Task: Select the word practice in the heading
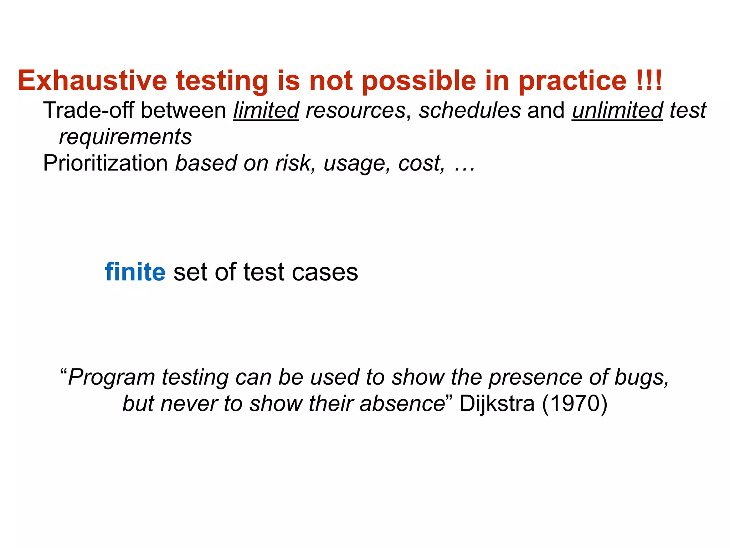tap(572, 81)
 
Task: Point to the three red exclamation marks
tap(649, 81)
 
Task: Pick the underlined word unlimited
tap(617, 110)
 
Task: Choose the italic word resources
tap(355, 110)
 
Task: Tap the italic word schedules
tap(470, 110)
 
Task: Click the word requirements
tap(125, 137)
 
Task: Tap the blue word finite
tap(135, 272)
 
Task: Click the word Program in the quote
tap(112, 377)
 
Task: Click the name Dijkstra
tap(497, 404)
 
